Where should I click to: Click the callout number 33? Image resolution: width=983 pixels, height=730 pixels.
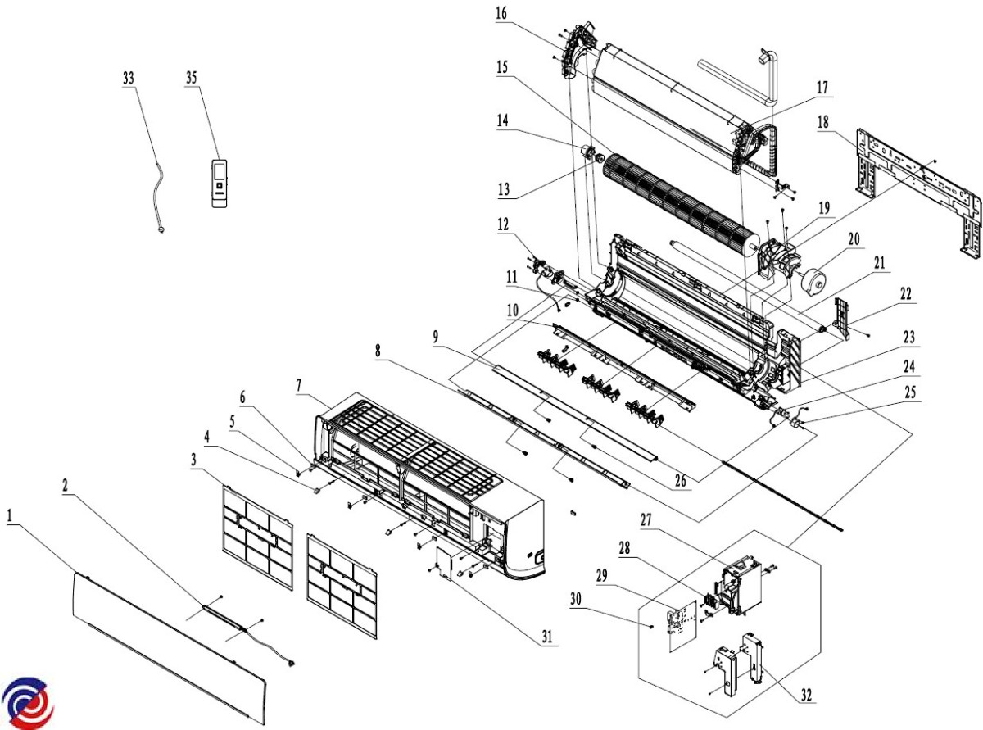point(129,77)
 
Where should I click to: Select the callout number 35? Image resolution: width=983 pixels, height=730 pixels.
point(192,77)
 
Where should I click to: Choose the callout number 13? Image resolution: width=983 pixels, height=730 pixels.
point(503,189)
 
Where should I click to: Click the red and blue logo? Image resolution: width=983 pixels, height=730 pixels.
point(28,702)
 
